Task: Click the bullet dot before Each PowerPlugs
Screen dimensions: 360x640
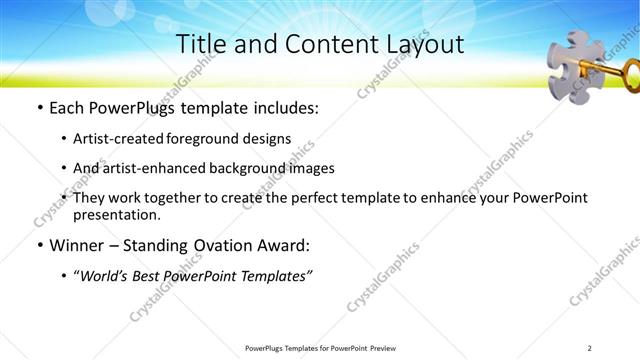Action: [39, 108]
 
